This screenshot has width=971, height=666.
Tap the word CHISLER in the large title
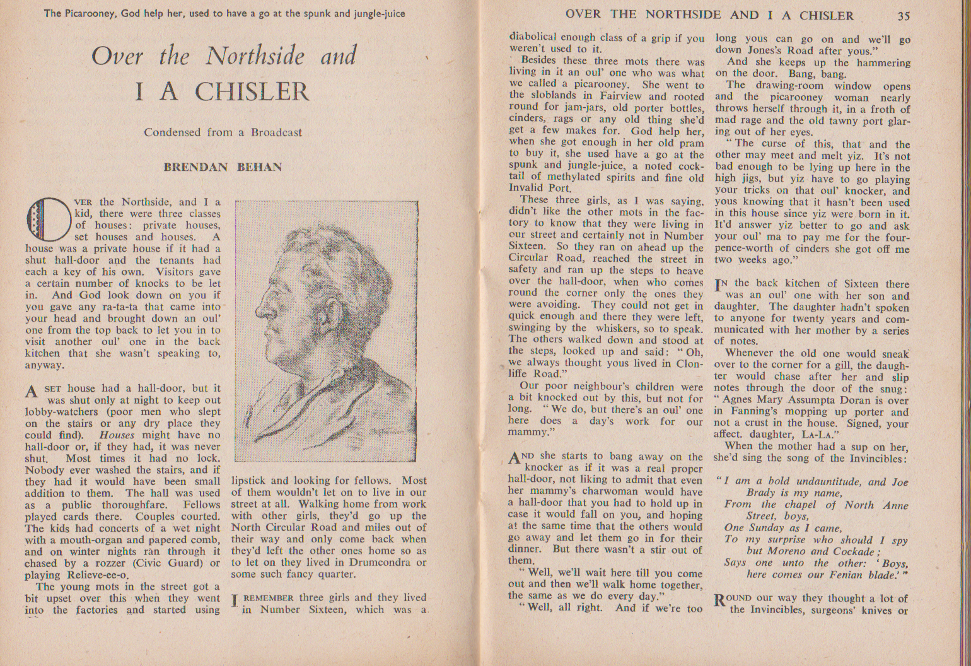(x=252, y=91)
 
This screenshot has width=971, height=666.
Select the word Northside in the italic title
(x=255, y=57)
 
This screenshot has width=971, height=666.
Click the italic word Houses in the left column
(x=117, y=435)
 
